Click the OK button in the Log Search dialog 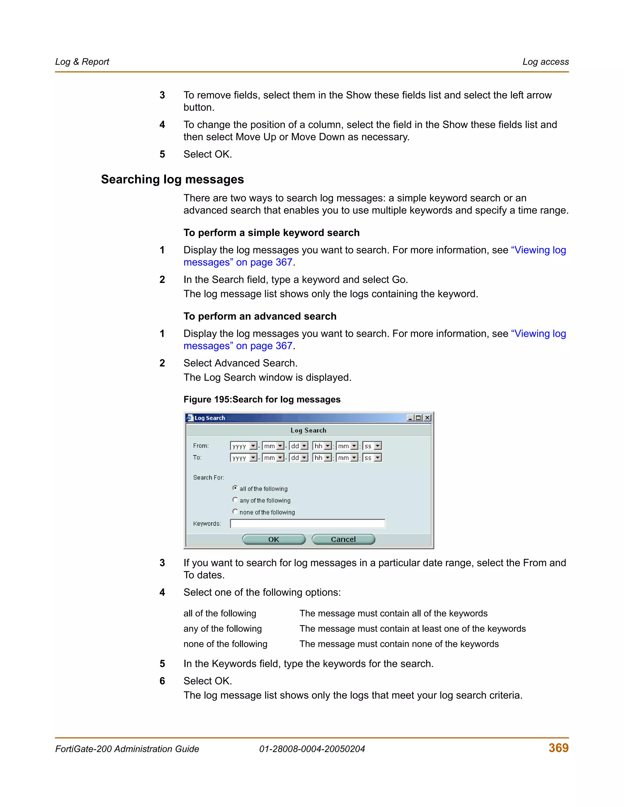(x=274, y=540)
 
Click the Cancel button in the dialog (x=343, y=540)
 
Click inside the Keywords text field (x=307, y=523)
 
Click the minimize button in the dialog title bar (x=410, y=418)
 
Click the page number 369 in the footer (x=558, y=748)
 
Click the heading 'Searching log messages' (x=172, y=180)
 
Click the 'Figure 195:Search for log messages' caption (x=262, y=400)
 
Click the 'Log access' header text (x=545, y=62)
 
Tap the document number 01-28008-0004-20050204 (x=312, y=749)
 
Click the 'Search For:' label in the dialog (x=208, y=478)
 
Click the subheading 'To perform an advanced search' (x=260, y=316)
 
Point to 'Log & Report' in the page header (x=82, y=62)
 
